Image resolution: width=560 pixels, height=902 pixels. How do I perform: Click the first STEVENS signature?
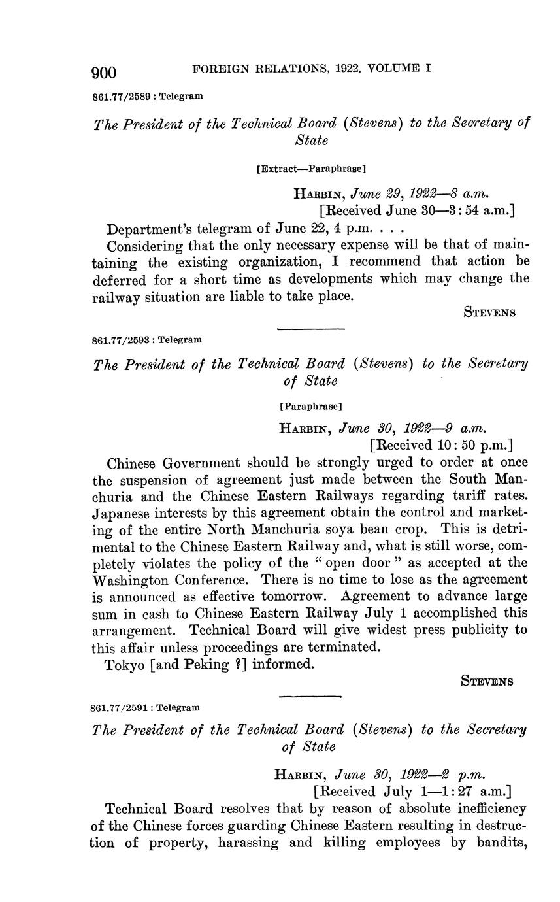point(490,312)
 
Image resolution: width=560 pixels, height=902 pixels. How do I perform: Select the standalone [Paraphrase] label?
point(310,406)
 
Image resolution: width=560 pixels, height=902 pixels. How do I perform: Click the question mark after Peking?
point(237,665)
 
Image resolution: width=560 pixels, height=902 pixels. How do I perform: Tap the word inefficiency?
point(486,809)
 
